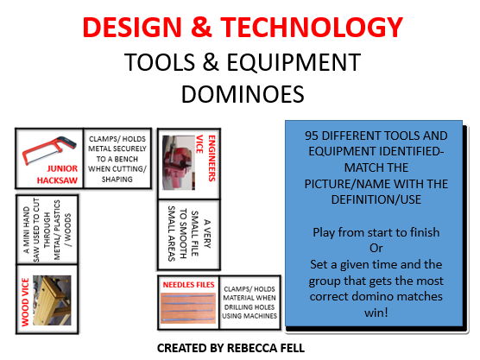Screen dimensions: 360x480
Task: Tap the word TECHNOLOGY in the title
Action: (x=317, y=28)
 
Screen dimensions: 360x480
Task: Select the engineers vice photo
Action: (x=176, y=160)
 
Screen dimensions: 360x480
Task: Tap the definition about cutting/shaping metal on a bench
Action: (x=117, y=161)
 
